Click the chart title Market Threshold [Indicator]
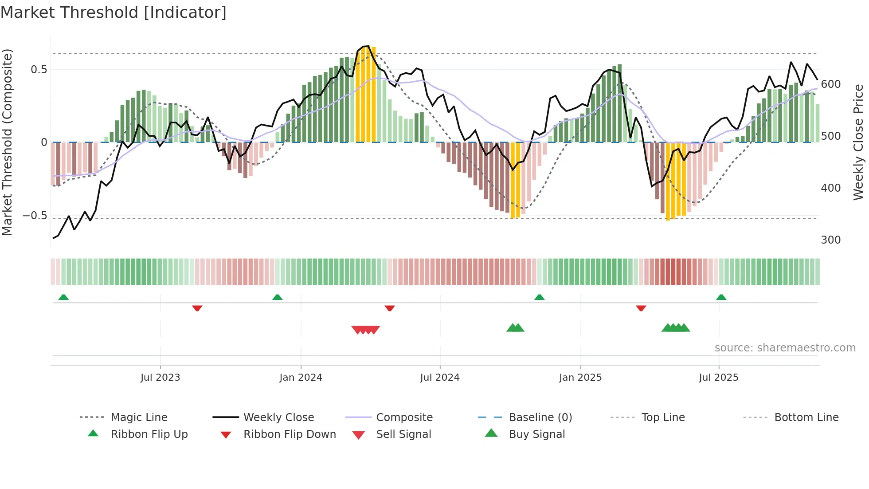click(114, 12)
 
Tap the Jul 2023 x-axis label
click(160, 378)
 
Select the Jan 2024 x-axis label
click(301, 378)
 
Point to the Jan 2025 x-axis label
click(580, 378)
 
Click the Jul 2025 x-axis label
click(718, 378)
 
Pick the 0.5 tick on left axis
click(39, 70)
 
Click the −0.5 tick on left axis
click(35, 216)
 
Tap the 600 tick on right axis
click(830, 84)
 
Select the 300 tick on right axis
click(830, 240)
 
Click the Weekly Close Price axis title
click(858, 142)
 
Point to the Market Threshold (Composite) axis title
click(7, 142)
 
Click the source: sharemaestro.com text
click(785, 348)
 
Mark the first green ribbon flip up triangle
click(63, 297)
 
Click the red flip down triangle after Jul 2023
click(197, 308)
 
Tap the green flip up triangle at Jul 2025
click(721, 297)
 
